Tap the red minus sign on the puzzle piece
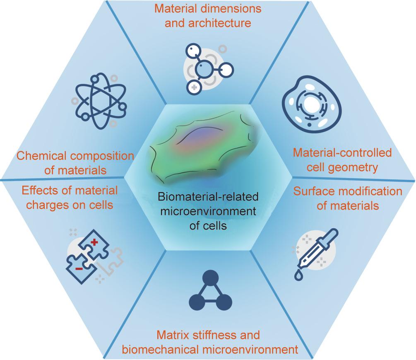[x=78, y=268]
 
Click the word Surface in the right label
[x=310, y=192]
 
